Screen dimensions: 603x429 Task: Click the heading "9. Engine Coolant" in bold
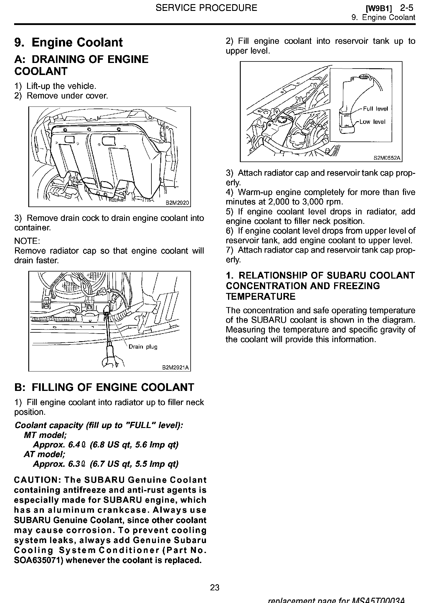click(x=68, y=42)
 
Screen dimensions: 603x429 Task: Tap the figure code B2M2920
click(x=177, y=203)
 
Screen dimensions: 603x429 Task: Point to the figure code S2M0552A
click(x=387, y=158)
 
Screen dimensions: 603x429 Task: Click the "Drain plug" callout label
click(x=143, y=347)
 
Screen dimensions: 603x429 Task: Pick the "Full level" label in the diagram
click(x=375, y=109)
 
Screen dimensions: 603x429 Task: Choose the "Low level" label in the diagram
click(x=372, y=122)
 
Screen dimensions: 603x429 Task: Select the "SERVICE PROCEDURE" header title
click(x=206, y=8)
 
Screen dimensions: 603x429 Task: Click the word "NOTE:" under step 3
click(x=27, y=241)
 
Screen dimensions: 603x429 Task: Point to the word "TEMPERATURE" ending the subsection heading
click(x=260, y=296)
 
